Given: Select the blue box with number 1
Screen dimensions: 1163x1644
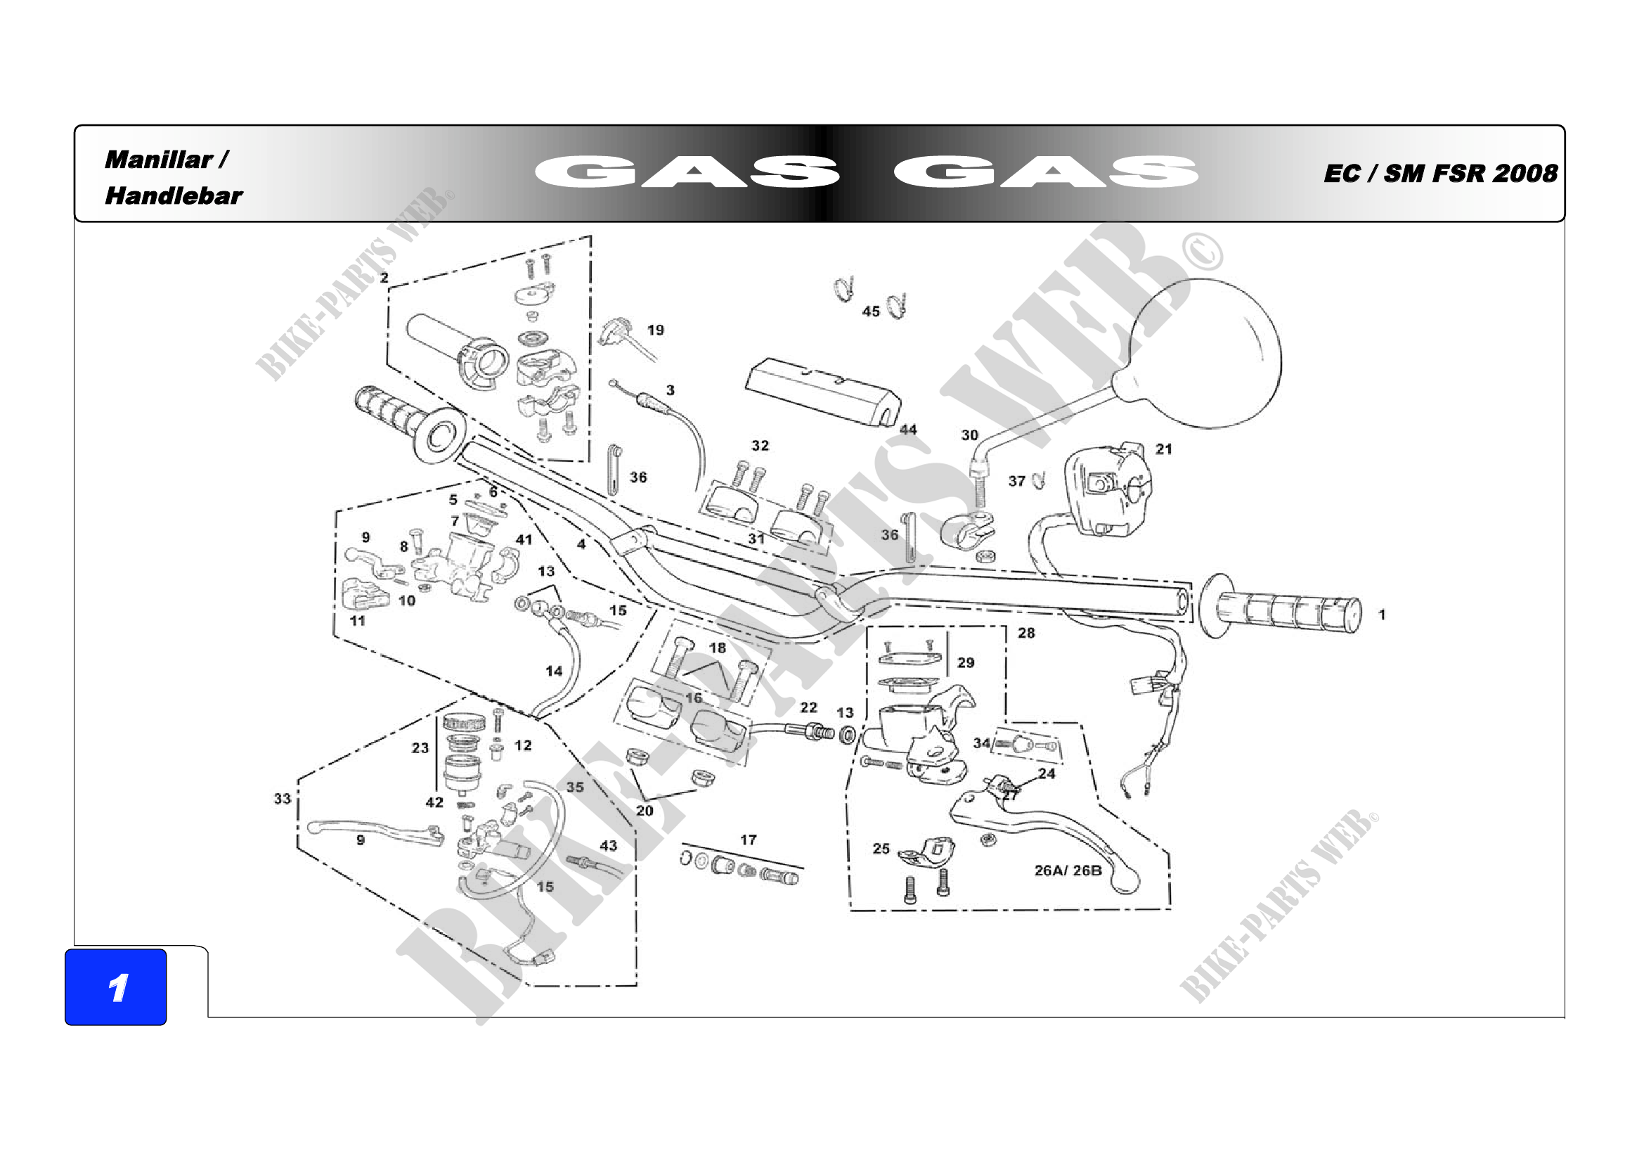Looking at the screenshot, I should [116, 987].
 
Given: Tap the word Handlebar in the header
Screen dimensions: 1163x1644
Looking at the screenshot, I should [174, 195].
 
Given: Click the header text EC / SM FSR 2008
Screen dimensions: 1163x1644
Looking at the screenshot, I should [1440, 173].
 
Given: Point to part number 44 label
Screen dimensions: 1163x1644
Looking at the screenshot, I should [908, 430].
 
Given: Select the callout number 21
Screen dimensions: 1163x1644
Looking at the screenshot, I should [1163, 449].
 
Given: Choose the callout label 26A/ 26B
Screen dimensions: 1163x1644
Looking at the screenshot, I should [1068, 870].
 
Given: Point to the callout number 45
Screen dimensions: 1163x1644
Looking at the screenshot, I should [871, 311].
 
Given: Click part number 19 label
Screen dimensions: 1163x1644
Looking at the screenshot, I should [655, 330].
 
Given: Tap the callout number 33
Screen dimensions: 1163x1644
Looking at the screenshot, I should [282, 799].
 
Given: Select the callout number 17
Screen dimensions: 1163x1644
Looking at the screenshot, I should [749, 840].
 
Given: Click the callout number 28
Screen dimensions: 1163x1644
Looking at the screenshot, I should [1026, 633].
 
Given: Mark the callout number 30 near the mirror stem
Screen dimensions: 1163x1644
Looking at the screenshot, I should [969, 435].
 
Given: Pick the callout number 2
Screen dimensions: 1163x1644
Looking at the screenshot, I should [384, 278].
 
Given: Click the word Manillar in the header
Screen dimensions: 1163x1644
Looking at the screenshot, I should [159, 160].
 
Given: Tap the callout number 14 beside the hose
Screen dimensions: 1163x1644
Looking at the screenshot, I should [553, 671].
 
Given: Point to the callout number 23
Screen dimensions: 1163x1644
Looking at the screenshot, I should [420, 747].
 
